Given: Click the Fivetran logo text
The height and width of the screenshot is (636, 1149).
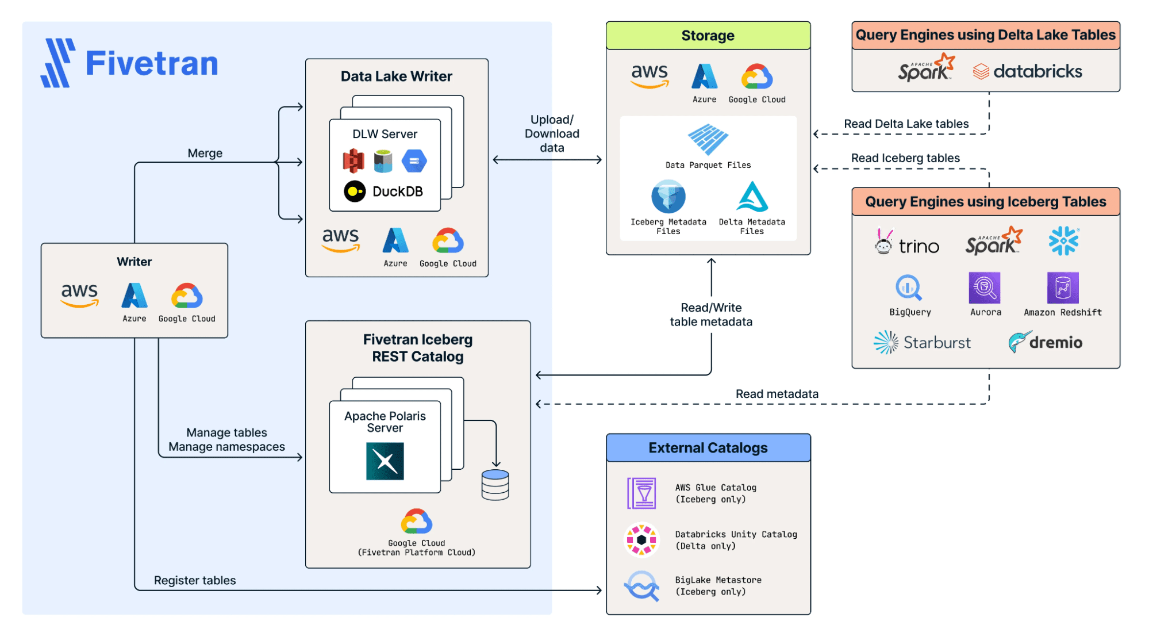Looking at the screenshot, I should pyautogui.click(x=152, y=63).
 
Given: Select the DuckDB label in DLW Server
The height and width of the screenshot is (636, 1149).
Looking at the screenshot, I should pyautogui.click(x=397, y=191).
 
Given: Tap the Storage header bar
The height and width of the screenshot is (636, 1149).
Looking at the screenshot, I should pyautogui.click(x=708, y=36).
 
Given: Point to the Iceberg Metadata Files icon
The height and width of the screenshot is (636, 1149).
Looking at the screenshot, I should pyautogui.click(x=668, y=197).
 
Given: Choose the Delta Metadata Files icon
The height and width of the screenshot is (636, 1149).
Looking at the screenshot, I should pyautogui.click(x=752, y=197).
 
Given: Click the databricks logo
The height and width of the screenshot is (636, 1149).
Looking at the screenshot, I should pyautogui.click(x=1027, y=71).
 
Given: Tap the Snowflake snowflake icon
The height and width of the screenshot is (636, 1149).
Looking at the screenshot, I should pyautogui.click(x=1063, y=240).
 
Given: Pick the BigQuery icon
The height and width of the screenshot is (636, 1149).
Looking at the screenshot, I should pyautogui.click(x=909, y=288).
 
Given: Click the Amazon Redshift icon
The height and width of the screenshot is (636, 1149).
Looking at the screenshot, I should pyautogui.click(x=1063, y=288).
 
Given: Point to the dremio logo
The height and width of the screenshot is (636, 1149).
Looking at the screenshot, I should pyautogui.click(x=1046, y=342).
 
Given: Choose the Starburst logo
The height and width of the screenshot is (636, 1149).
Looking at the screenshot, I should pyautogui.click(x=922, y=342).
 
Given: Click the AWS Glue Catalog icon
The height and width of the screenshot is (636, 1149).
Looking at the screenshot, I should pyautogui.click(x=641, y=493).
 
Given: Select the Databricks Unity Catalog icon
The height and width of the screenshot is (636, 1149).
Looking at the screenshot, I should pyautogui.click(x=641, y=539).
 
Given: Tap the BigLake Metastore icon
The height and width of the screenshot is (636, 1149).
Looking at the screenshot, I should pyautogui.click(x=641, y=585).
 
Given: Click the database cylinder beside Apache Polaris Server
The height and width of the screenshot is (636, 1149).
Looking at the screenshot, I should pyautogui.click(x=495, y=485).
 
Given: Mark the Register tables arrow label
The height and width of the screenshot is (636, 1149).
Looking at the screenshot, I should pyautogui.click(x=195, y=580).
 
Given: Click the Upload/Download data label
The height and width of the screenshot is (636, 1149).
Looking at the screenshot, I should pyautogui.click(x=552, y=133).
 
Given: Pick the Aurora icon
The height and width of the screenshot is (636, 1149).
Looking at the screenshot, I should pyautogui.click(x=985, y=288).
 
